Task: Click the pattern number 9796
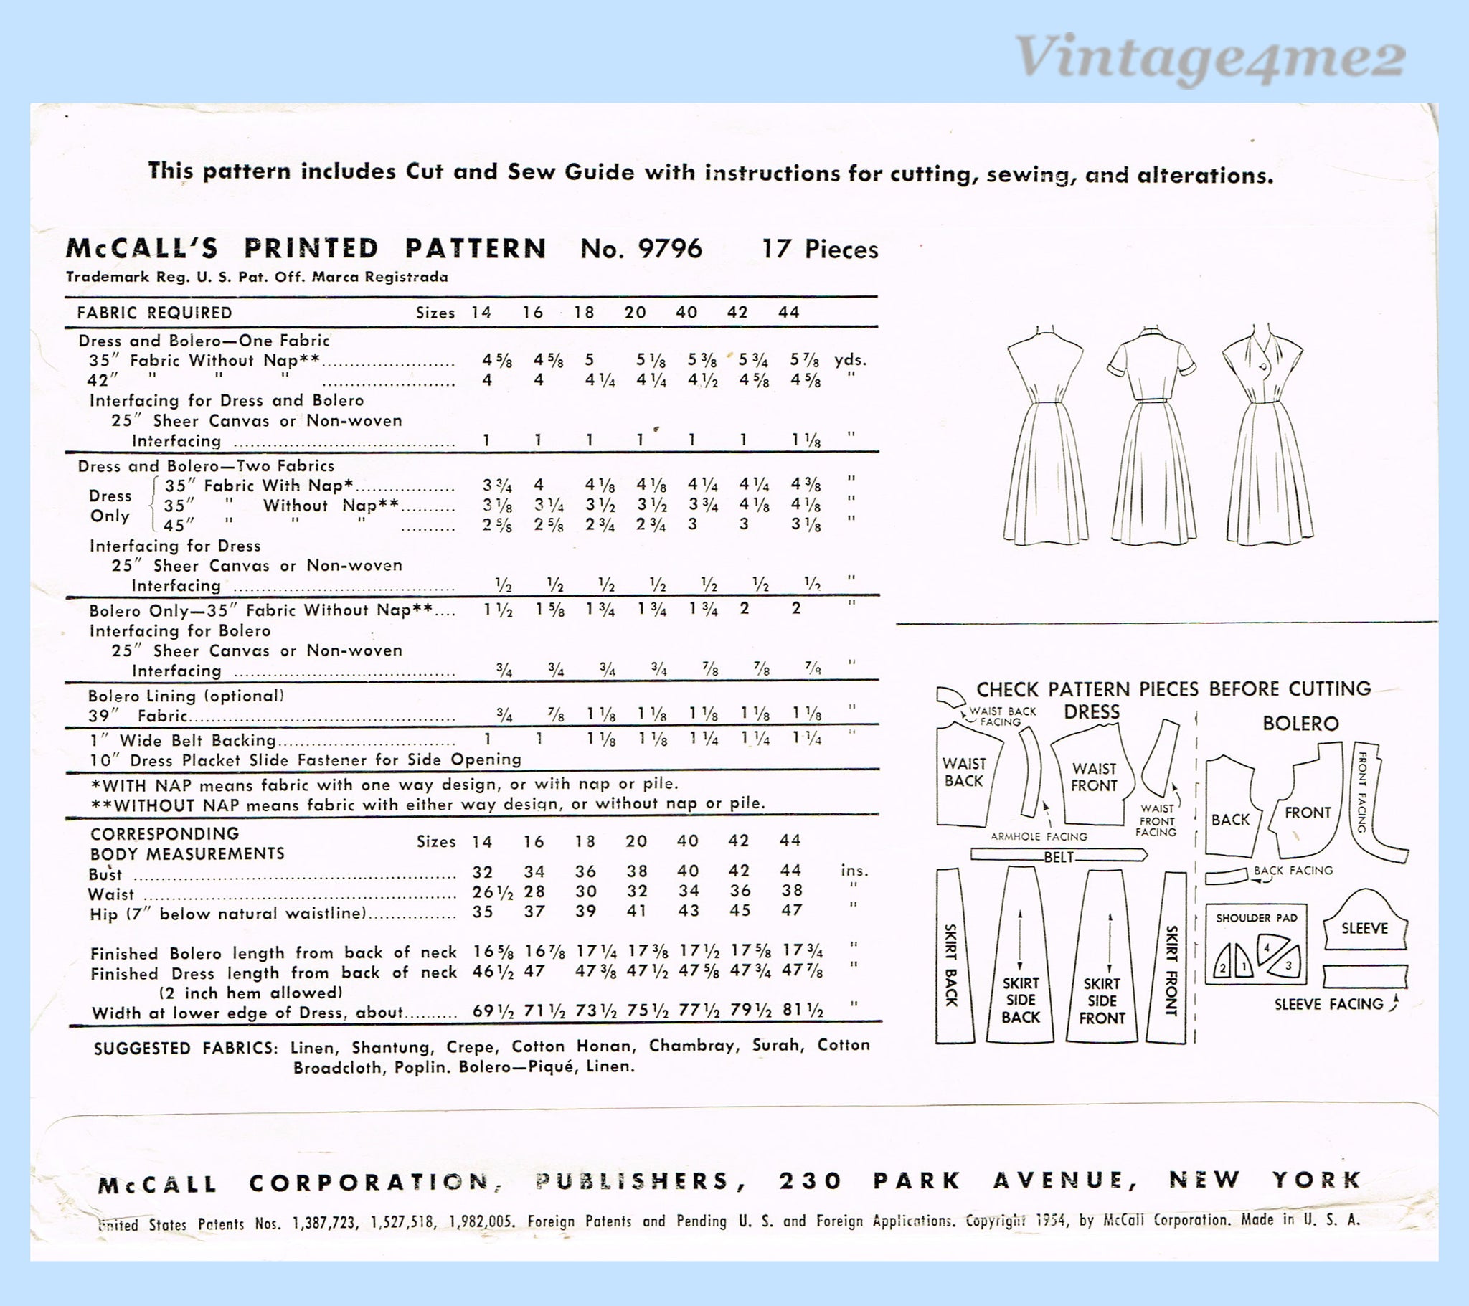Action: [x=669, y=249]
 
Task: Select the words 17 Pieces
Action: [x=820, y=250]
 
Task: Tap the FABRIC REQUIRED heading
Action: [x=154, y=313]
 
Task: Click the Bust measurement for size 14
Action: [x=482, y=872]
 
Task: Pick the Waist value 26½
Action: [x=492, y=892]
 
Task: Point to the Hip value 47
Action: [x=791, y=911]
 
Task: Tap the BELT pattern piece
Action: [x=1059, y=856]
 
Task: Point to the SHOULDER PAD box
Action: [x=1256, y=944]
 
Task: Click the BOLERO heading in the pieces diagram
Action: [x=1301, y=723]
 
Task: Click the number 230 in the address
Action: [x=810, y=1181]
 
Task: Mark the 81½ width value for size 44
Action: [x=803, y=1010]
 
